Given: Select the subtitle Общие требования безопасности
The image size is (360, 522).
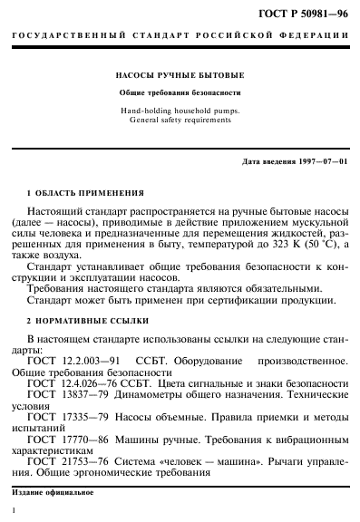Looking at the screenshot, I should pyautogui.click(x=180, y=93).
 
